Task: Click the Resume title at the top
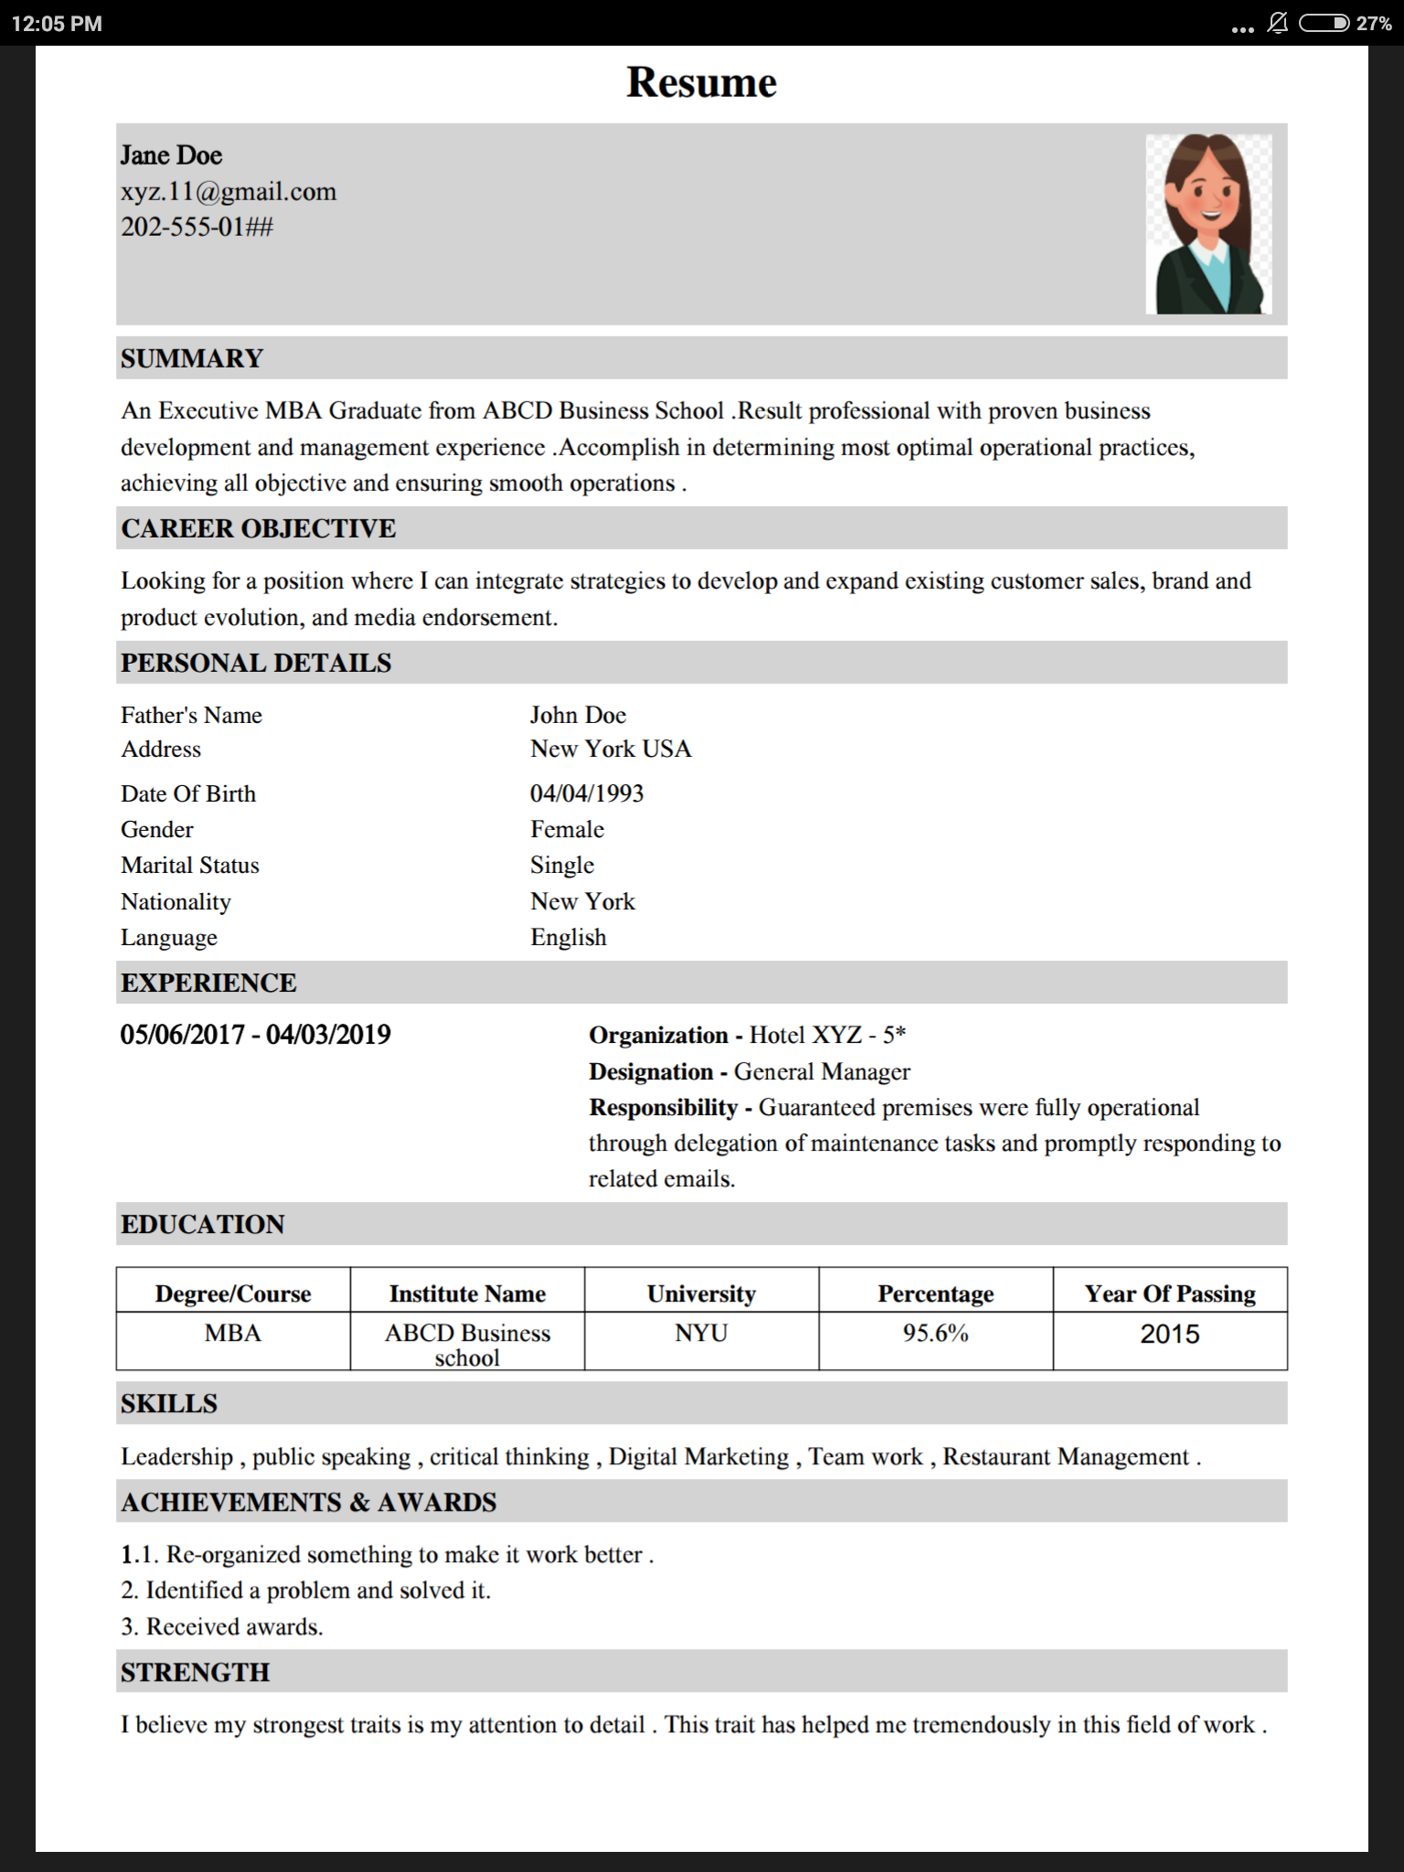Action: point(701,82)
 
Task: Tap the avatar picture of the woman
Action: point(1208,224)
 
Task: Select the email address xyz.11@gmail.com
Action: point(229,192)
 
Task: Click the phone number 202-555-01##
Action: point(197,227)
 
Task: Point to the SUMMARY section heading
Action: point(192,358)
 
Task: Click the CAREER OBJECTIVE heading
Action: point(259,528)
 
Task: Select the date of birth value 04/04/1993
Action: point(587,793)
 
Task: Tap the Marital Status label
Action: point(190,865)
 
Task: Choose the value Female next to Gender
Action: point(567,829)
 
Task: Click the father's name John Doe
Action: point(578,715)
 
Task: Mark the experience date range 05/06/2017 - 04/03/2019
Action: point(256,1035)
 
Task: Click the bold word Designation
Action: point(651,1071)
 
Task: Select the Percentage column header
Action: point(935,1293)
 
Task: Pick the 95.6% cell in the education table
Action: point(935,1334)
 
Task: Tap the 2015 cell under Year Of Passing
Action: point(1169,1335)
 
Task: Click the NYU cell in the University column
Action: point(701,1334)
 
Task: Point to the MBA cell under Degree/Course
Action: point(232,1334)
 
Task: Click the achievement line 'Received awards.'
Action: point(234,1627)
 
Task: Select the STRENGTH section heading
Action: point(196,1673)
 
